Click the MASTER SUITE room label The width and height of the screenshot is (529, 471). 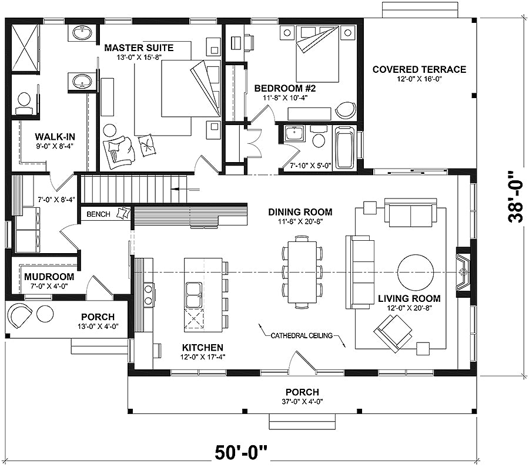point(139,48)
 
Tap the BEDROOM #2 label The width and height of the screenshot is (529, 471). point(285,88)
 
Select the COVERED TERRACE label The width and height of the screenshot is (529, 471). point(419,69)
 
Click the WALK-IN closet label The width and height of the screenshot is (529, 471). point(55,137)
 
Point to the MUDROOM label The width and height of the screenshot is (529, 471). point(49,277)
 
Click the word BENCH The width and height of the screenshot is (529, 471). point(99,214)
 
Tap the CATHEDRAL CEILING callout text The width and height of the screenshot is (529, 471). point(302,335)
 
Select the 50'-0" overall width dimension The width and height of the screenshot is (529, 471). point(241,453)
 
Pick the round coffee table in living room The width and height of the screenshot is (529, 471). point(416,272)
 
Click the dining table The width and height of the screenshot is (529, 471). point(302,272)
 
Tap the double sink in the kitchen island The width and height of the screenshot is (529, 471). point(193,295)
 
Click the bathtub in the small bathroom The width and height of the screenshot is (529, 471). point(345,147)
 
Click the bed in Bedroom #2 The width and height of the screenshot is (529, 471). point(317,54)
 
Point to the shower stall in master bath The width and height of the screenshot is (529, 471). point(25,48)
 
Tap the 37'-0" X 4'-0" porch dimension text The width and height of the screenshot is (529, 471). point(303,402)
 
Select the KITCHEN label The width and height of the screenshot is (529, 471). point(202,348)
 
